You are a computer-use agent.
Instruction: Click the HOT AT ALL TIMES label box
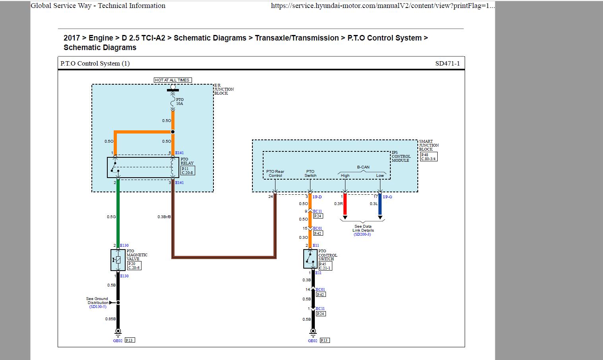point(173,80)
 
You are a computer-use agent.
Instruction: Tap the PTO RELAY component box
point(143,167)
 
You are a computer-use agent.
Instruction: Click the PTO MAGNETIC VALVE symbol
point(118,260)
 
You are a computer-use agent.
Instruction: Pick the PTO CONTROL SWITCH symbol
point(310,259)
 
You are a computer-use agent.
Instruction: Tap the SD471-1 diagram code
point(447,64)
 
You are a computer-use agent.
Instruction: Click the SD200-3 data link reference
point(362,234)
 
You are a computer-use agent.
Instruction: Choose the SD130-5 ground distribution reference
point(98,307)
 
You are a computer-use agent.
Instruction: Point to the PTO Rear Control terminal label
point(275,174)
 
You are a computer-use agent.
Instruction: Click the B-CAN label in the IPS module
point(363,167)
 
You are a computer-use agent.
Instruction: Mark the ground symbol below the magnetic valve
point(118,331)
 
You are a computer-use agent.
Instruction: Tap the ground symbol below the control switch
point(313,331)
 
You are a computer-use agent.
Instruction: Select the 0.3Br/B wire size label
point(164,217)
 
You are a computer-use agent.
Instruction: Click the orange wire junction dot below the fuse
point(173,132)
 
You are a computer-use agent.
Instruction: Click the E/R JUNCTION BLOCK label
point(224,89)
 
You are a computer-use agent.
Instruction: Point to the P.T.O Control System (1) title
point(95,64)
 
